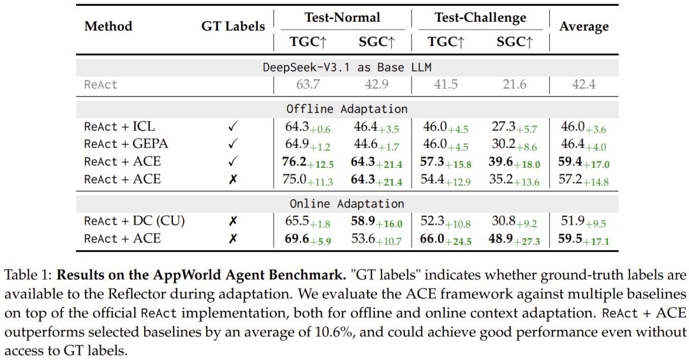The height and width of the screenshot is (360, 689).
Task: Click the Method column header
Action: coord(108,26)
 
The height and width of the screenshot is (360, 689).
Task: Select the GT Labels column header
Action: coord(233,26)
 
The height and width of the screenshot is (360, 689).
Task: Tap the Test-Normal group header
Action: coord(342,17)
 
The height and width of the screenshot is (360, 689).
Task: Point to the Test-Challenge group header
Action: coord(480,17)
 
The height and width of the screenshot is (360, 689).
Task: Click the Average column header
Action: coord(584,26)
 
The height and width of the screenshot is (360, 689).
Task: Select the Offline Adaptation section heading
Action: coord(347,109)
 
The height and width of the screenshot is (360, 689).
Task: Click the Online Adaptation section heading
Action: coord(347,204)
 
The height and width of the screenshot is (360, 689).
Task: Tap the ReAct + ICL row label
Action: coord(119,126)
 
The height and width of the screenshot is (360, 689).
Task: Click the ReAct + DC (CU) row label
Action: coord(134,221)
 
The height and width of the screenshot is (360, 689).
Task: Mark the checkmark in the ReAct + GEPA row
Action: coord(233,144)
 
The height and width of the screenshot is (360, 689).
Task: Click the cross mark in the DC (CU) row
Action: coord(233,221)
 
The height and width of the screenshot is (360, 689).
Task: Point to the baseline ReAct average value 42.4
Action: coord(584,84)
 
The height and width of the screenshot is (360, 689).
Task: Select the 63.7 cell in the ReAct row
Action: coord(307,84)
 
